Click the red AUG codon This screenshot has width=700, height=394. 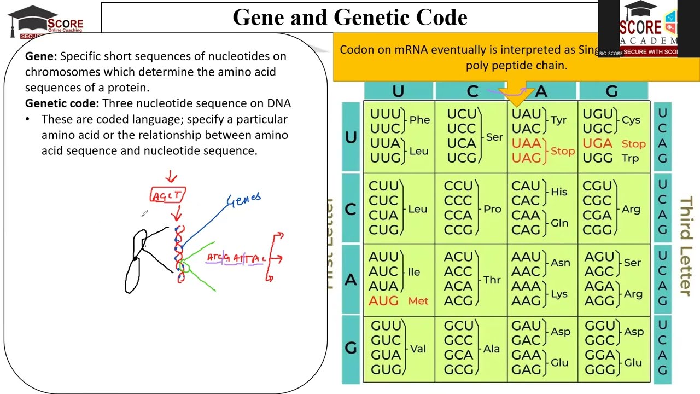point(383,300)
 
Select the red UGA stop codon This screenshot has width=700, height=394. point(597,143)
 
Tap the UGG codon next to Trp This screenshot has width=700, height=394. point(597,158)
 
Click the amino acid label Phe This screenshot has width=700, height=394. point(419,120)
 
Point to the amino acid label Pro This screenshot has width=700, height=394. point(492,209)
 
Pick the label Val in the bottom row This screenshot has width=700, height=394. point(418,349)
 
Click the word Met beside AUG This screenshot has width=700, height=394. point(418,301)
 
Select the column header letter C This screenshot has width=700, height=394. point(472,91)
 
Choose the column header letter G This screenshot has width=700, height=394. point(611,91)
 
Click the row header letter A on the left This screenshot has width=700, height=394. point(351,280)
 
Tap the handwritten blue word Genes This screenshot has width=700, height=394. point(244,200)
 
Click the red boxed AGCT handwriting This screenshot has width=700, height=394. point(168,195)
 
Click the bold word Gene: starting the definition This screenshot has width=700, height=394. point(41,56)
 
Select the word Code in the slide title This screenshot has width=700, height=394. point(441,18)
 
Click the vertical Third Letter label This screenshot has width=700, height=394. point(685,246)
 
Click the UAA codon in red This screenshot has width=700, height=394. point(526,143)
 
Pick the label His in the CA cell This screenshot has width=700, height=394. point(559,192)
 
